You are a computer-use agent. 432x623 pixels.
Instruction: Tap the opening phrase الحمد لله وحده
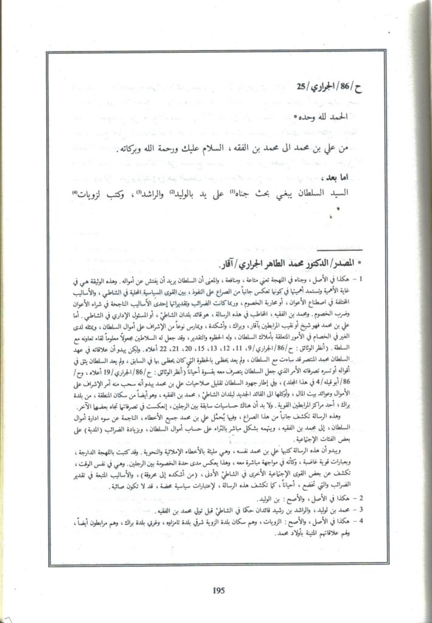347,116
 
